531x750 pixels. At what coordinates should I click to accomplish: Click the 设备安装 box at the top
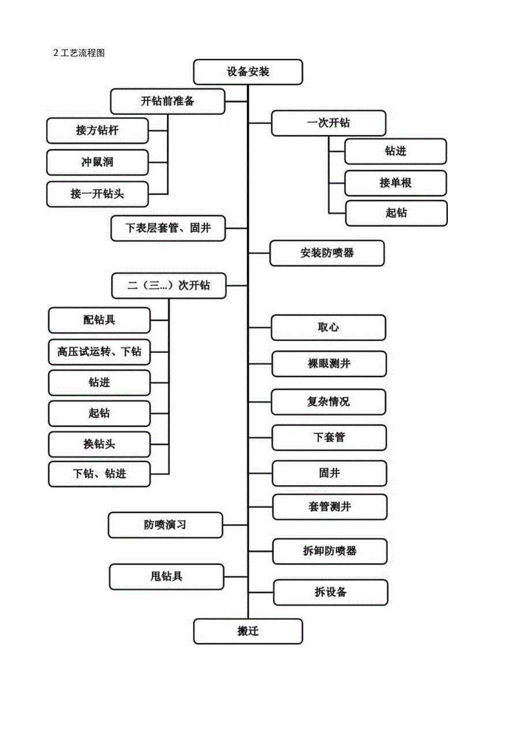tap(248, 72)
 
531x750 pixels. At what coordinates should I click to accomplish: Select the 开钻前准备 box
tap(167, 101)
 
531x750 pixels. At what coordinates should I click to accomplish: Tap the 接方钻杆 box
tap(97, 131)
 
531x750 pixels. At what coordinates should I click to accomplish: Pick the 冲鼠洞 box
tap(97, 163)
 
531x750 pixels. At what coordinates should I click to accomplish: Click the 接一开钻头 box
tap(97, 194)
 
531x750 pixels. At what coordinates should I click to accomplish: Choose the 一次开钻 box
tap(328, 123)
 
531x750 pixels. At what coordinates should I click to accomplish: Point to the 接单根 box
tap(395, 183)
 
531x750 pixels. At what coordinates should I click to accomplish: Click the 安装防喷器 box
tap(327, 252)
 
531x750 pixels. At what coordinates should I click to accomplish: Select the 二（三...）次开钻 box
tap(169, 285)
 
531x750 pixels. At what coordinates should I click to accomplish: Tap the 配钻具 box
tap(99, 320)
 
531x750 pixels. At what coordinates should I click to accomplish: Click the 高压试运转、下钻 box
tap(99, 352)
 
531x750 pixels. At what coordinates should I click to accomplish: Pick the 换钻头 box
tap(99, 444)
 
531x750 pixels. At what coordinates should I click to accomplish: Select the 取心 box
tap(328, 327)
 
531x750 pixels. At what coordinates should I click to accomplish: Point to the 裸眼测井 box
tap(328, 364)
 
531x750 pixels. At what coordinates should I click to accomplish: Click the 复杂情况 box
tap(328, 401)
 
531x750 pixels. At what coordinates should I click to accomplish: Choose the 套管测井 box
tap(330, 507)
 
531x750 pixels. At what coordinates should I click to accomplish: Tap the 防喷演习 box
tap(165, 525)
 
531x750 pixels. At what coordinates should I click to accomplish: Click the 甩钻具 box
tap(166, 576)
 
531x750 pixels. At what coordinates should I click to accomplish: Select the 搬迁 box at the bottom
tap(248, 631)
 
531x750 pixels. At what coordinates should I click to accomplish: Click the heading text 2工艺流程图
tap(78, 54)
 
